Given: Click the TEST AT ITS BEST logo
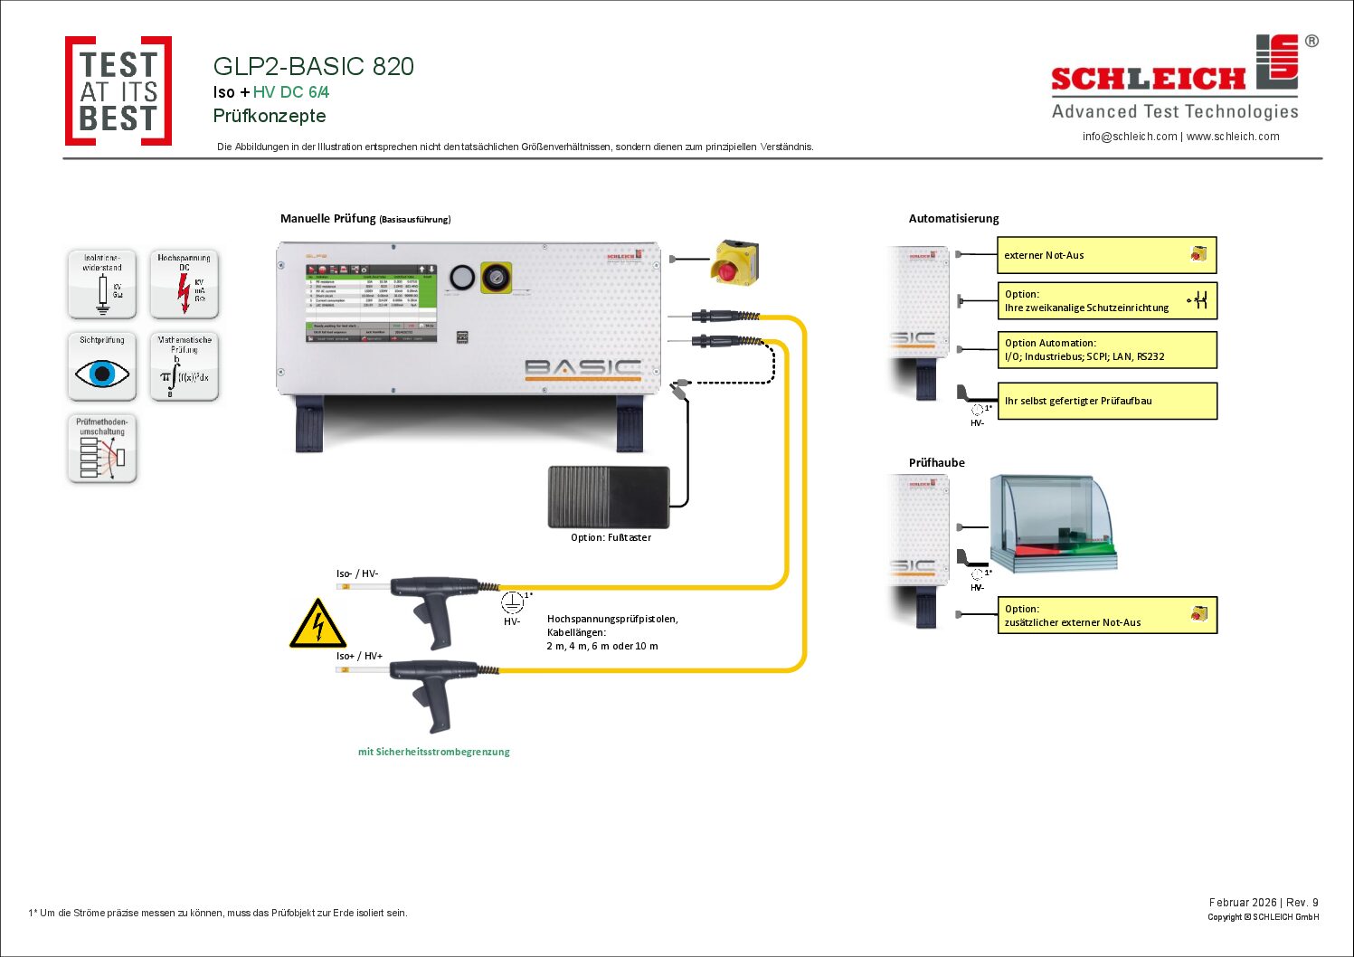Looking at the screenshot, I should (118, 90).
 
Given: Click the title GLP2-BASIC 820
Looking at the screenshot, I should (313, 66).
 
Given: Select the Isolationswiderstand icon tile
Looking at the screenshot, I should (102, 284).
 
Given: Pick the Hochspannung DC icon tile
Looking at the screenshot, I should (185, 284).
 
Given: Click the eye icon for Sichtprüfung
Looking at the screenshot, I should (102, 372).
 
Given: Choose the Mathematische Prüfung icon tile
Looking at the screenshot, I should (185, 366).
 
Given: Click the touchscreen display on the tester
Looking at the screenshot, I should (371, 303).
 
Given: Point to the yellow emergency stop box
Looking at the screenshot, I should (734, 262).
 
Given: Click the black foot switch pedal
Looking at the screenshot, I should (609, 497).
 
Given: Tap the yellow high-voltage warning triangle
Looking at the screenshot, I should (317, 624).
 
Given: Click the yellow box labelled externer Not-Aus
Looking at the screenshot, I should (1106, 255).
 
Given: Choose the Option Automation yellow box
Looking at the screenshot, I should (1106, 350).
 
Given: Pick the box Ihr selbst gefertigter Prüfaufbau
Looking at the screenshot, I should (1106, 401).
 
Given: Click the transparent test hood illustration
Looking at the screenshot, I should (1054, 525).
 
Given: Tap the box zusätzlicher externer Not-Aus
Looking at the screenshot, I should (1106, 615).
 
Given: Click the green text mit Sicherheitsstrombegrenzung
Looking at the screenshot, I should (434, 752).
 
